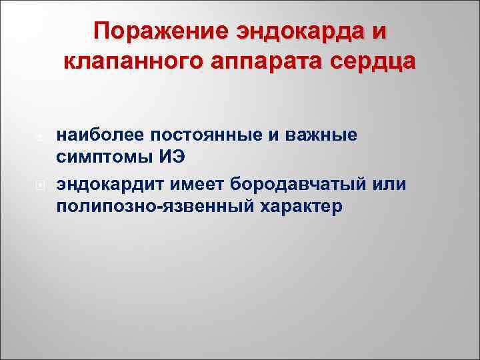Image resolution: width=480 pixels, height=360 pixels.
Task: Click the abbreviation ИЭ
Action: coord(169,159)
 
